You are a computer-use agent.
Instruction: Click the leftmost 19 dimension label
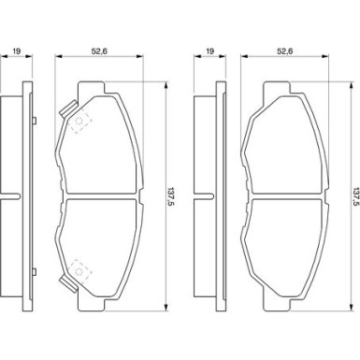coord(17,51)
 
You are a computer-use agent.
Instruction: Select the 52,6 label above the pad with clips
coord(99,51)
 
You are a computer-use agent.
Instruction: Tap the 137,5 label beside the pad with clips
coord(171,195)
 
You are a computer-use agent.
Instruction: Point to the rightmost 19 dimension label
coord(210,51)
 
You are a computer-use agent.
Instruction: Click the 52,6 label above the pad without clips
coord(285,51)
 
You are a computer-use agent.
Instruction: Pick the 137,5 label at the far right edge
coord(356,195)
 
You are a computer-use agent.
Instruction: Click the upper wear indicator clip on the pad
coord(68,108)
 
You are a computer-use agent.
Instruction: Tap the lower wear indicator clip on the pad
coord(68,283)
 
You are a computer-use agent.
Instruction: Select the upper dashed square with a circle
coord(79,122)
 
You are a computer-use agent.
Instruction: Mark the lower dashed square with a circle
coord(79,270)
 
